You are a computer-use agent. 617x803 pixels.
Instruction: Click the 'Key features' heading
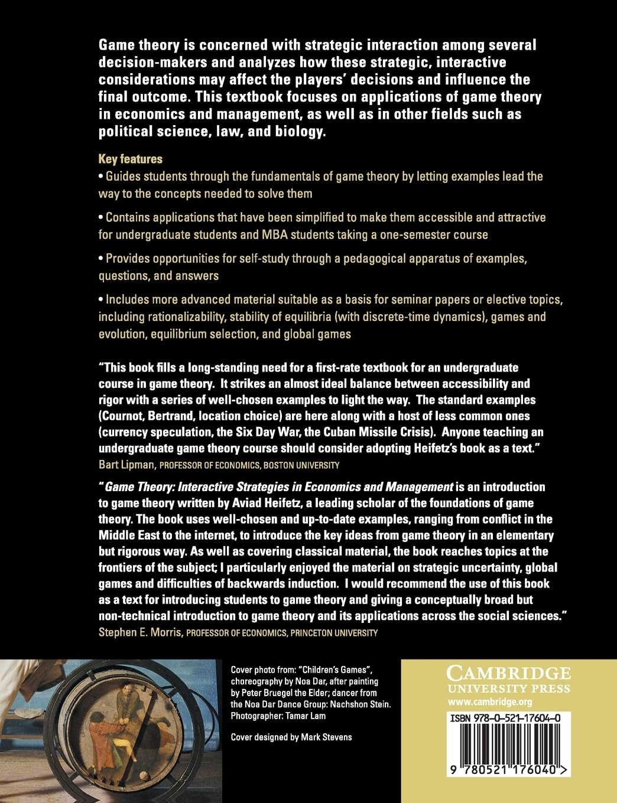[130, 159]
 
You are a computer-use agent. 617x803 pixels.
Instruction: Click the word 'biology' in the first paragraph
[301, 131]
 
